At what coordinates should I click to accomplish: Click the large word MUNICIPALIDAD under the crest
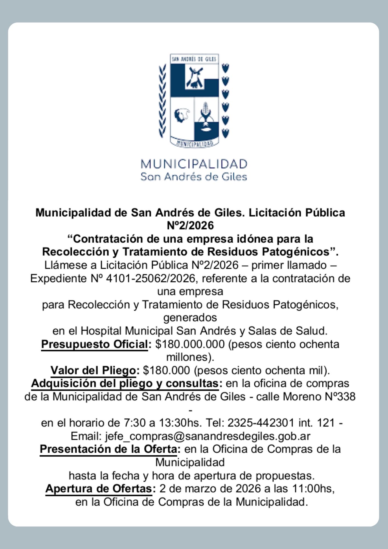point(194,164)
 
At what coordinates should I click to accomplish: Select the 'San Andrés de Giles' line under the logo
point(194,177)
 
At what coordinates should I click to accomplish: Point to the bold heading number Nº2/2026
point(190,226)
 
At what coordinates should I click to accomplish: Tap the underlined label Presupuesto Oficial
point(94,344)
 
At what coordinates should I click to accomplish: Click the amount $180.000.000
point(190,344)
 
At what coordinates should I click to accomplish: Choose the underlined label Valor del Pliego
point(93,371)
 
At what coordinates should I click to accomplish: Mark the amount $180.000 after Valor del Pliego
point(166,371)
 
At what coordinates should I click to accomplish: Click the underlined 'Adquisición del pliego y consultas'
point(125,383)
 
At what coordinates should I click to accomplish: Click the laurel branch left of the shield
point(162,102)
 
